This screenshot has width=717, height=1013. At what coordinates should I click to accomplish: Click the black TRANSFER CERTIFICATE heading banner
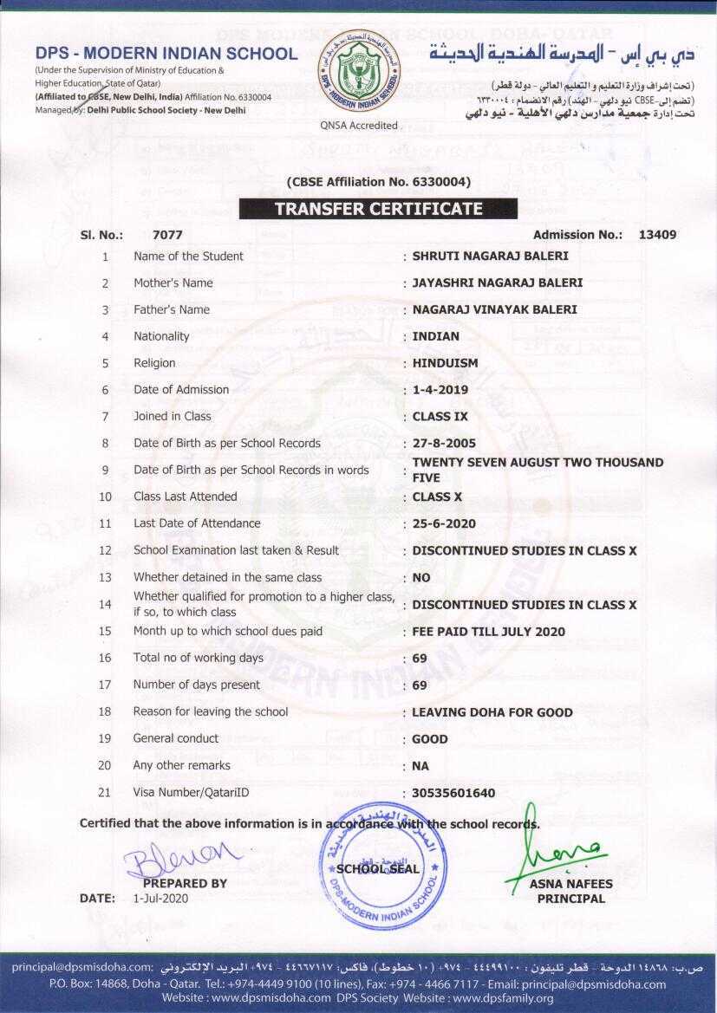coord(378,209)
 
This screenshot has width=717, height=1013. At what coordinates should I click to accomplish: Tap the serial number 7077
coord(166,234)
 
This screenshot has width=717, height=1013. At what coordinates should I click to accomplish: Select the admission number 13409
coord(657,234)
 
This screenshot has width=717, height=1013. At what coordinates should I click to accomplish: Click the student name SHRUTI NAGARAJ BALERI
coord(490,256)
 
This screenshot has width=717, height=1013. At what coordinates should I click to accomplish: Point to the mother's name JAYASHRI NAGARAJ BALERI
coord(497,282)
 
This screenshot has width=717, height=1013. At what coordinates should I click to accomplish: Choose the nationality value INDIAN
coord(436,336)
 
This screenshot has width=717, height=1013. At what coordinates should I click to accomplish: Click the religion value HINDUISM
coord(445,363)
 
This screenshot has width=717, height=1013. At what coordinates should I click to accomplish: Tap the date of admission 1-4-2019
coord(440,390)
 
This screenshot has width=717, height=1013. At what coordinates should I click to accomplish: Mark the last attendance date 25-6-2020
coord(444,524)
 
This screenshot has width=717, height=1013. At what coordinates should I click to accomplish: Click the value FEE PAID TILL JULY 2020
coord(488,632)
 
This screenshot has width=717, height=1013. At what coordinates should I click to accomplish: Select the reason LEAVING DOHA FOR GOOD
coord(492,712)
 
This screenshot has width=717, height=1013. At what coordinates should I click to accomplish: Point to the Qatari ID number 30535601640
coord(453,793)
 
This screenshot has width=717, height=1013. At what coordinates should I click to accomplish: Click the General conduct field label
coord(176,738)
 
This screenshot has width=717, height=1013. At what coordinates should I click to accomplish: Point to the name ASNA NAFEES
coord(570,884)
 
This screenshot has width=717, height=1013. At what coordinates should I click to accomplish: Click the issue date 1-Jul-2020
coord(160,899)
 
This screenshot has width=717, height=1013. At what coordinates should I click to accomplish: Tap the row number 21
coord(105,792)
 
